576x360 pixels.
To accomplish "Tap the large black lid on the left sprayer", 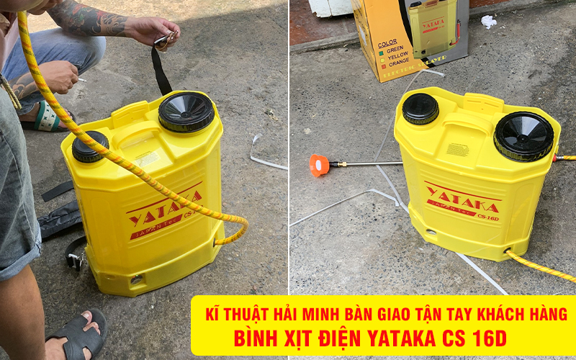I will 186,111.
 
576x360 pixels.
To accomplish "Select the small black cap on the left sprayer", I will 90,146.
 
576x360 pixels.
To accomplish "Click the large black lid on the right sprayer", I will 523,135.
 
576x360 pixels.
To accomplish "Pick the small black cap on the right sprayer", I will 420,108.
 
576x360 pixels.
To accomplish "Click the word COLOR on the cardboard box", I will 387,44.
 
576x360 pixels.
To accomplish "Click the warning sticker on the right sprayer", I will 458,149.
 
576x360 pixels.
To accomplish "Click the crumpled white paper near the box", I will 488,22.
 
